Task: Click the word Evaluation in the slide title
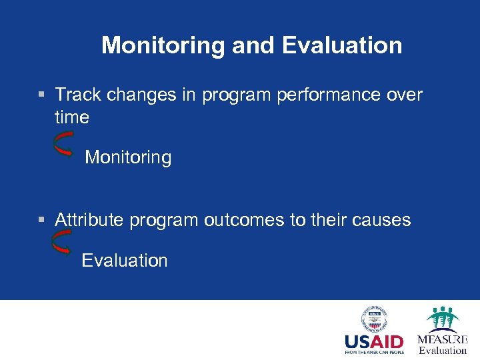[342, 45]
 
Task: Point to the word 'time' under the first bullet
[72, 118]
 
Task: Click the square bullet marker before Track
[42, 96]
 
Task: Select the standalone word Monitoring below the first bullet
[128, 158]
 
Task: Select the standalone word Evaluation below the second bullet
[125, 261]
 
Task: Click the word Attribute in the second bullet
[89, 220]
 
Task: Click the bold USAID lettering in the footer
[373, 343]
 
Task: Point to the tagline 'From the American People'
[373, 353]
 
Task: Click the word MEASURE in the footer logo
[443, 339]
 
